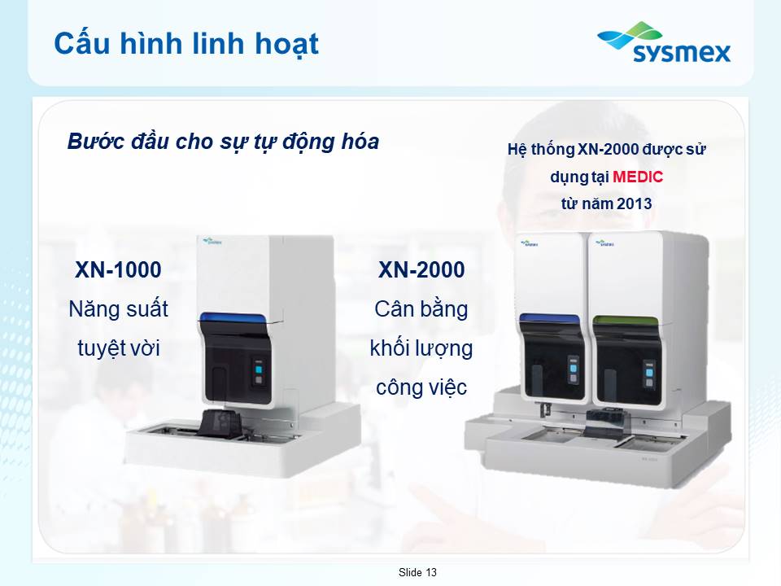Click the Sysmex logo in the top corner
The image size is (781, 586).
tap(664, 42)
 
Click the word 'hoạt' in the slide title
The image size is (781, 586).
tap(287, 44)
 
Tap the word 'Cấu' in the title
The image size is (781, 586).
tap(82, 42)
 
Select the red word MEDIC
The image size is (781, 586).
tap(638, 177)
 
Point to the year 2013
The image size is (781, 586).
tap(634, 203)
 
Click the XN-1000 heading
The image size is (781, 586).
tap(118, 269)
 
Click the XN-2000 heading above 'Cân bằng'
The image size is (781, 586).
tap(421, 269)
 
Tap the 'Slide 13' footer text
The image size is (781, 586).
tap(417, 572)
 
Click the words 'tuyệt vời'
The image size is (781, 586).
tap(119, 348)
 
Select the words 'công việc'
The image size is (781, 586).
tap(421, 387)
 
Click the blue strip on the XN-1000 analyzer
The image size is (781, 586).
tap(232, 318)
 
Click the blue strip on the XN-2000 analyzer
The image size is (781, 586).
tap(549, 318)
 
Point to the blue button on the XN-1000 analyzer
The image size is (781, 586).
tap(259, 370)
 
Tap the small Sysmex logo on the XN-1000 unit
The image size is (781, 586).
tap(212, 243)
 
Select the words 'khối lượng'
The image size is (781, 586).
tap(421, 348)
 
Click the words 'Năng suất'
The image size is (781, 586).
tap(119, 309)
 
